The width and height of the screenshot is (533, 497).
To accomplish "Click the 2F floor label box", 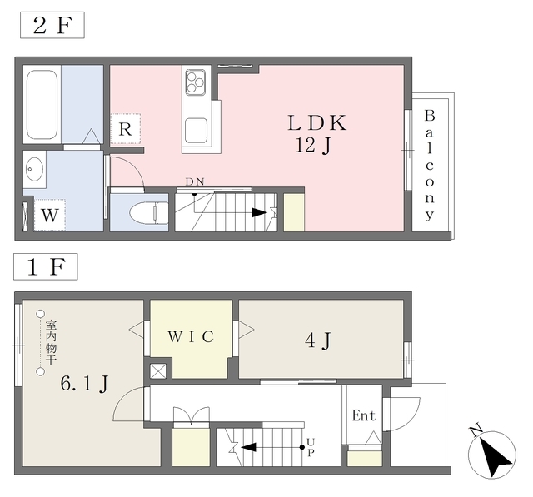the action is point(52,25).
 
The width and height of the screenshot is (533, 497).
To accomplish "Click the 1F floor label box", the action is point(46,266).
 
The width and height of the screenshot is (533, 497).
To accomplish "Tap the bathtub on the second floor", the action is point(42,105).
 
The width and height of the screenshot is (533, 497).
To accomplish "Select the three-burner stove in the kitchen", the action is point(195,82).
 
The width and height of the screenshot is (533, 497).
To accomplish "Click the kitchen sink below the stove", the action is point(197,131).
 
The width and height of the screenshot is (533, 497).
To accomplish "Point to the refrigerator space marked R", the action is point(126,129).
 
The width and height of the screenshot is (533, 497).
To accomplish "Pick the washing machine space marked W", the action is point(50,215).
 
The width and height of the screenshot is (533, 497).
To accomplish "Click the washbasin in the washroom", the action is point(34,168).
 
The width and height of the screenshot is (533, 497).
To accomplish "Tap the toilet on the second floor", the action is point(149,213).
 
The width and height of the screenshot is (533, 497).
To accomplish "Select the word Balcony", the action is point(430,165).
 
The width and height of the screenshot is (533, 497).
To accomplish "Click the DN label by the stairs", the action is point(195,181).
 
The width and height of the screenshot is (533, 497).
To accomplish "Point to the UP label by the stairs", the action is point(311,447).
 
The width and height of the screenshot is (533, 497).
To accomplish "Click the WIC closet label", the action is point(191,336).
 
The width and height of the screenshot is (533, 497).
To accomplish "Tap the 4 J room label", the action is point(318,340).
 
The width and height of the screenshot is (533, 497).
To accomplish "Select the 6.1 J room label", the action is point(84,384).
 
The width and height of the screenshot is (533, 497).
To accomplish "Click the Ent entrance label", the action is point(364,415).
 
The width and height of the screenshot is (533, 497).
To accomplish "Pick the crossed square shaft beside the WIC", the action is point(158,371).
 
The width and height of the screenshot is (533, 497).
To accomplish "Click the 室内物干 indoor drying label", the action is point(51,342).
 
